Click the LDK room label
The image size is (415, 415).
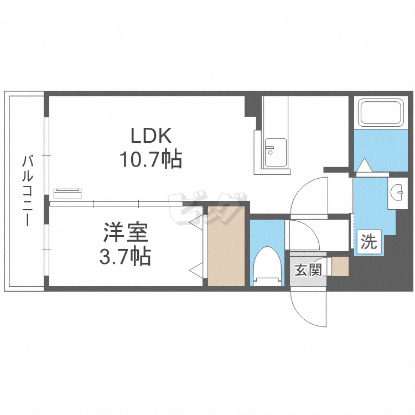(151, 136)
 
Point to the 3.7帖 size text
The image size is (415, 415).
(126, 256)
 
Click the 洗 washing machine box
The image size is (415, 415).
(369, 242)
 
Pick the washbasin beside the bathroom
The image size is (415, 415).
(397, 193)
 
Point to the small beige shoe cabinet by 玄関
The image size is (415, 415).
(340, 266)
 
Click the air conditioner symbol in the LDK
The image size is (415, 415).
(68, 193)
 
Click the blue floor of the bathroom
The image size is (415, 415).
(379, 147)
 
